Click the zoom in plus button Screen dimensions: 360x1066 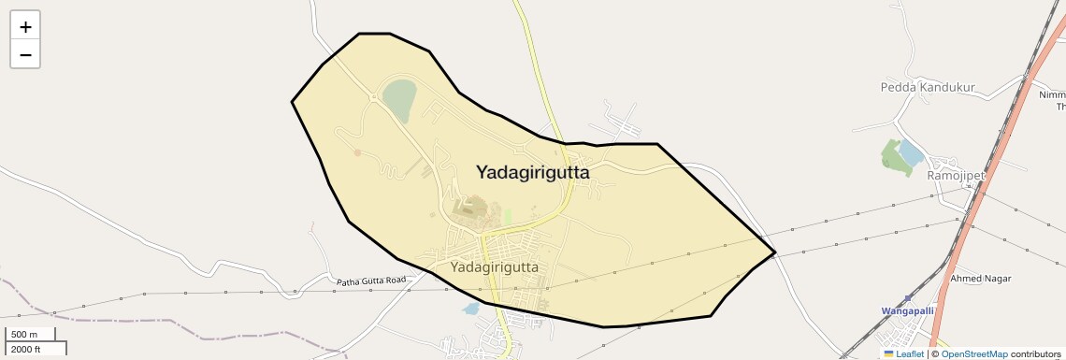click(25, 27)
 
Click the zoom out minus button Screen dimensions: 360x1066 click(25, 54)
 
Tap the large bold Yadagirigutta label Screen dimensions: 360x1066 click(533, 172)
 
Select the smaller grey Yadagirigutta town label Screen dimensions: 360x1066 click(495, 266)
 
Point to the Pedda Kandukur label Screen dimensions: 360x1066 click(928, 88)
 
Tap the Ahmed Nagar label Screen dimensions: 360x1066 click(981, 279)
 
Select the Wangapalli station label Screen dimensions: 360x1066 click(907, 310)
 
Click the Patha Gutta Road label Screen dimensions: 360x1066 click(371, 281)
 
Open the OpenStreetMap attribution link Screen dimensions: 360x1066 click(974, 354)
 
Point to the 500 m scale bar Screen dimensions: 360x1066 click(31, 334)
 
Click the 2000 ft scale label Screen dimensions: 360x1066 click(26, 349)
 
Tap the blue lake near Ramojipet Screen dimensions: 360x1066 click(911, 152)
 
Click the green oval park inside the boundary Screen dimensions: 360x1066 click(399, 99)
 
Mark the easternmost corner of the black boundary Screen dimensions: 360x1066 click(775, 252)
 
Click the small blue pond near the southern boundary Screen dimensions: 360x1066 click(471, 308)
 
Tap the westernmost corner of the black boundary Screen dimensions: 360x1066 click(292, 101)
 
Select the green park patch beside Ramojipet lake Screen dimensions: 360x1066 click(893, 160)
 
